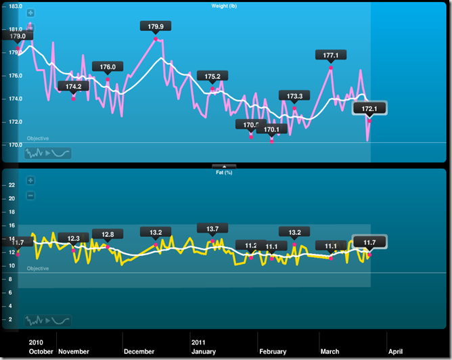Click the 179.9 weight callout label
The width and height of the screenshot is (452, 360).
156,26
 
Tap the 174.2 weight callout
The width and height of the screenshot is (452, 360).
74,87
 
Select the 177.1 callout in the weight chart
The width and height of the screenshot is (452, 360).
331,55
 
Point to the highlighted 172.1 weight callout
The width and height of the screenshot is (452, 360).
369,108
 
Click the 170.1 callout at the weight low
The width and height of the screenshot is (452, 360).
271,129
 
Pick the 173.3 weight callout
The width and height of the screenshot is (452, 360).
294,96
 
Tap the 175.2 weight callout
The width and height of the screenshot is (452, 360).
212,76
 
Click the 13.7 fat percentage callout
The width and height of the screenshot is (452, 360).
212,229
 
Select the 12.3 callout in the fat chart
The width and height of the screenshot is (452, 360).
74,238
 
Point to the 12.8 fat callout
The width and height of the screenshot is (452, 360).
108,234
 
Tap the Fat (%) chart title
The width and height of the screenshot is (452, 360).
224,172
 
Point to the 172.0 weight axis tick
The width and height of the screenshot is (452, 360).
16,122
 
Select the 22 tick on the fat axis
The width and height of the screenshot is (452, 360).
11,185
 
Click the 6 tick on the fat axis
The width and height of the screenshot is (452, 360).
11,306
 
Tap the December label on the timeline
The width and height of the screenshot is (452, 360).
139,352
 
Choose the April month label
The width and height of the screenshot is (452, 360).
395,352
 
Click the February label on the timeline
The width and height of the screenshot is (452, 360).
273,352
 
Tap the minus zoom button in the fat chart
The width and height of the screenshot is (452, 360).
30,196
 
